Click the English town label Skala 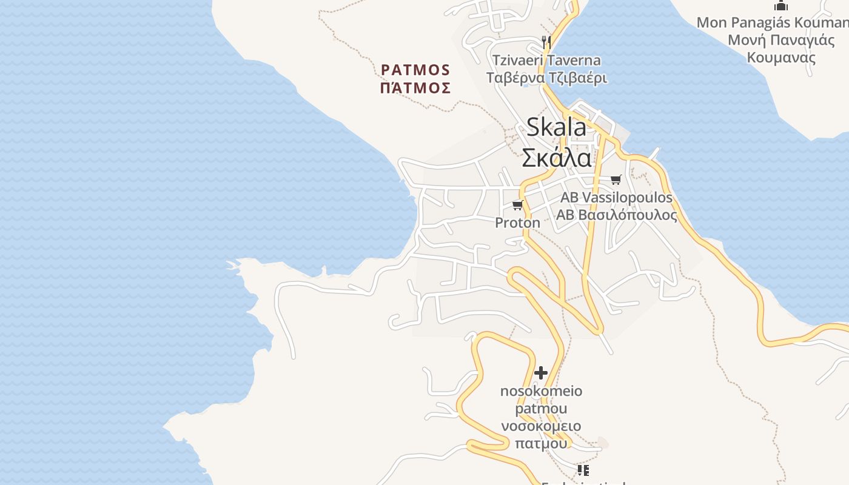pos(556,127)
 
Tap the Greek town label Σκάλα pos(556,158)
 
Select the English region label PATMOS pos(415,70)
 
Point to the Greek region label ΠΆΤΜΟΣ pos(415,89)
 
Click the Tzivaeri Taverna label pos(546,61)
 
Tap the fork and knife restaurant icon pos(546,42)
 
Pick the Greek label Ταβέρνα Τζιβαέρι pos(546,78)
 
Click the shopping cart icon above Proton pos(517,206)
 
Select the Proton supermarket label pos(517,222)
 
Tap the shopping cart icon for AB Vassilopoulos pos(616,179)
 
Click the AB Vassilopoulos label pos(616,198)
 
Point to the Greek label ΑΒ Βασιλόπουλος pos(616,215)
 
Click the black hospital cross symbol pos(541,372)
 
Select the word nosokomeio pos(541,391)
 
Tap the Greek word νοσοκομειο pos(541,426)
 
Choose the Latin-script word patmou pos(541,408)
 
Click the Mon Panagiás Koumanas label pos(772,23)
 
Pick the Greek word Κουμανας pos(781,58)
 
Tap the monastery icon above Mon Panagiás pos(781,6)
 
